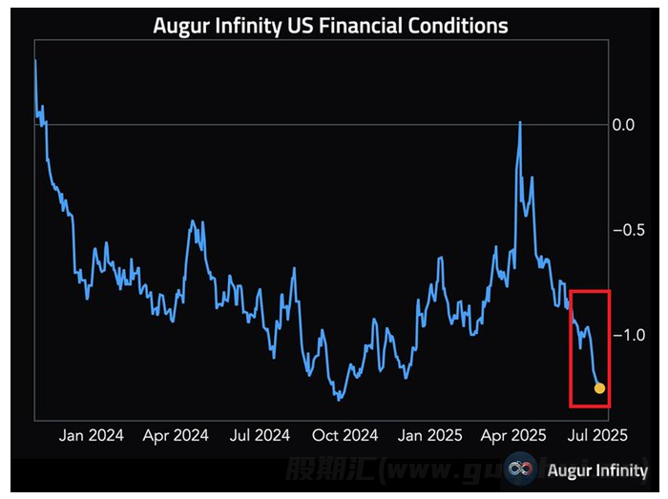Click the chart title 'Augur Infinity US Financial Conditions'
330,25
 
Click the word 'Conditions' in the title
461,25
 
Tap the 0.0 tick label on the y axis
624,124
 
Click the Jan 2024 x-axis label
92,436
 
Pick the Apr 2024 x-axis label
176,436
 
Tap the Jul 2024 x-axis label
261,436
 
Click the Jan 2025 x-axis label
430,436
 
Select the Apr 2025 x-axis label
513,436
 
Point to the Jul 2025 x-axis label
597,436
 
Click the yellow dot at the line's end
599,388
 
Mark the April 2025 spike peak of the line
520,122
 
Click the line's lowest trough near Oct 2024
338,399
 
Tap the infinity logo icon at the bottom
520,469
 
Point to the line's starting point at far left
35,61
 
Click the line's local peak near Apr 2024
193,221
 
